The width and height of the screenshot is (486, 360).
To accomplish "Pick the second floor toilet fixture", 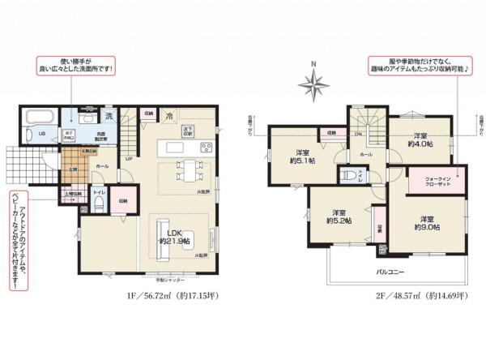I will point(346,175).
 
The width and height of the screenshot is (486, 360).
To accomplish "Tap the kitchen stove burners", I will point(206,148).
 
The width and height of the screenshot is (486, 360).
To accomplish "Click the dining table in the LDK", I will point(188,172).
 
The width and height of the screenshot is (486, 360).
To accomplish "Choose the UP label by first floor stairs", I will point(129,159).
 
